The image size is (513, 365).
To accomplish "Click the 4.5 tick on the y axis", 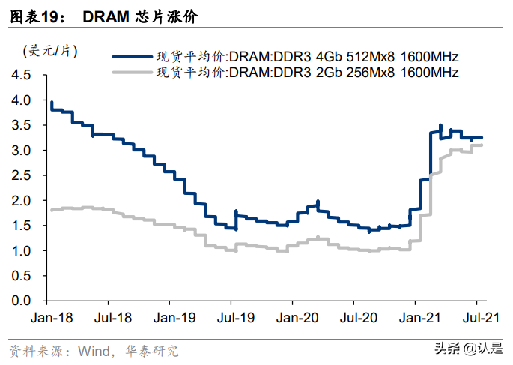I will [22, 76].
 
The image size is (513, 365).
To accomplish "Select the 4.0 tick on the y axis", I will [22, 100].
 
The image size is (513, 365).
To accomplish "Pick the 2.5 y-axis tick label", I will [22, 175].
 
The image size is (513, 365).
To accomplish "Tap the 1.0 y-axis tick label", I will [22, 250].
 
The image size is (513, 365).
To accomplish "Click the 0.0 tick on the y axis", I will [22, 301].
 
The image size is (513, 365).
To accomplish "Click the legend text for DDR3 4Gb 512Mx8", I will [306, 56].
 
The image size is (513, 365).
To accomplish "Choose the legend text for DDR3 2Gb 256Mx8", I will [306, 73].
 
